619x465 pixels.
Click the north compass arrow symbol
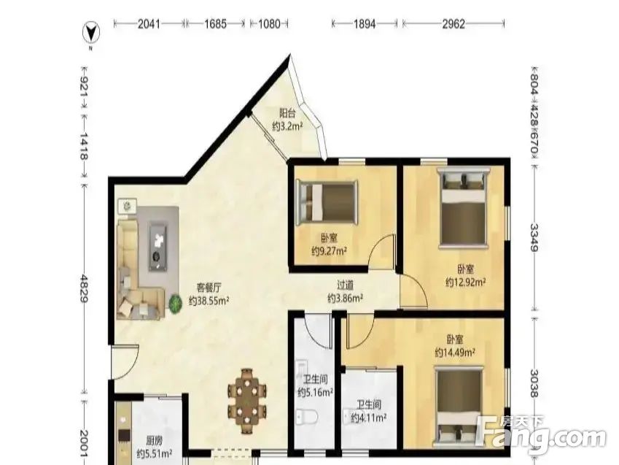pos(91,32)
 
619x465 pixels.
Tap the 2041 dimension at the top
pos(149,24)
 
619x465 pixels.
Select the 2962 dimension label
pos(453,24)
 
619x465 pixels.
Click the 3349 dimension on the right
pos(534,237)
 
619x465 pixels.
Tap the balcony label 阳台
pos(287,113)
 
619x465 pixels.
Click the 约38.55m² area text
pos(209,301)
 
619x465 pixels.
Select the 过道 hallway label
pos(345,285)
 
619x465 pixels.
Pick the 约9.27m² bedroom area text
pos(330,250)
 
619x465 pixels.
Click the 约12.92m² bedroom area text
pos(465,282)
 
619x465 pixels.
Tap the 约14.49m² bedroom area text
pos(455,352)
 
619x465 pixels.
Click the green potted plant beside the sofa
pos(175,304)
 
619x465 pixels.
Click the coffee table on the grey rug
pos(158,247)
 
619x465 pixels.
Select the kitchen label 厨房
pos(154,440)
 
